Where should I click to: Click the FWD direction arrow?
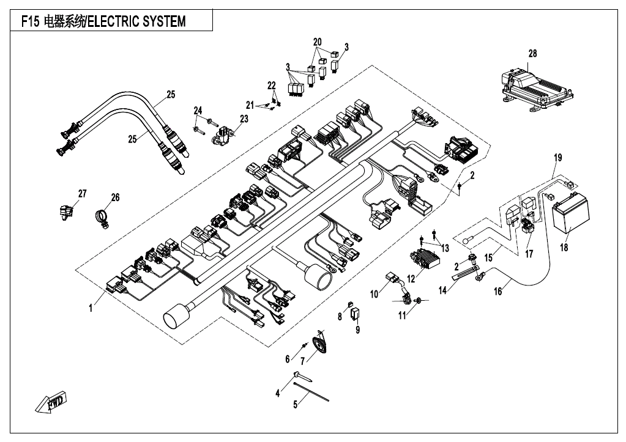(51, 402)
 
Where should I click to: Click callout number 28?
(532, 53)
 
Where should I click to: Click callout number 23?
(244, 119)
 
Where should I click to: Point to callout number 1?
(91, 308)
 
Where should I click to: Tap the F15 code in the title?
(31, 21)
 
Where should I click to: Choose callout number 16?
(498, 292)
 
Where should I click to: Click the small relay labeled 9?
(355, 314)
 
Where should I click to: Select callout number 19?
(558, 158)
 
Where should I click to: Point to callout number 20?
(318, 42)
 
